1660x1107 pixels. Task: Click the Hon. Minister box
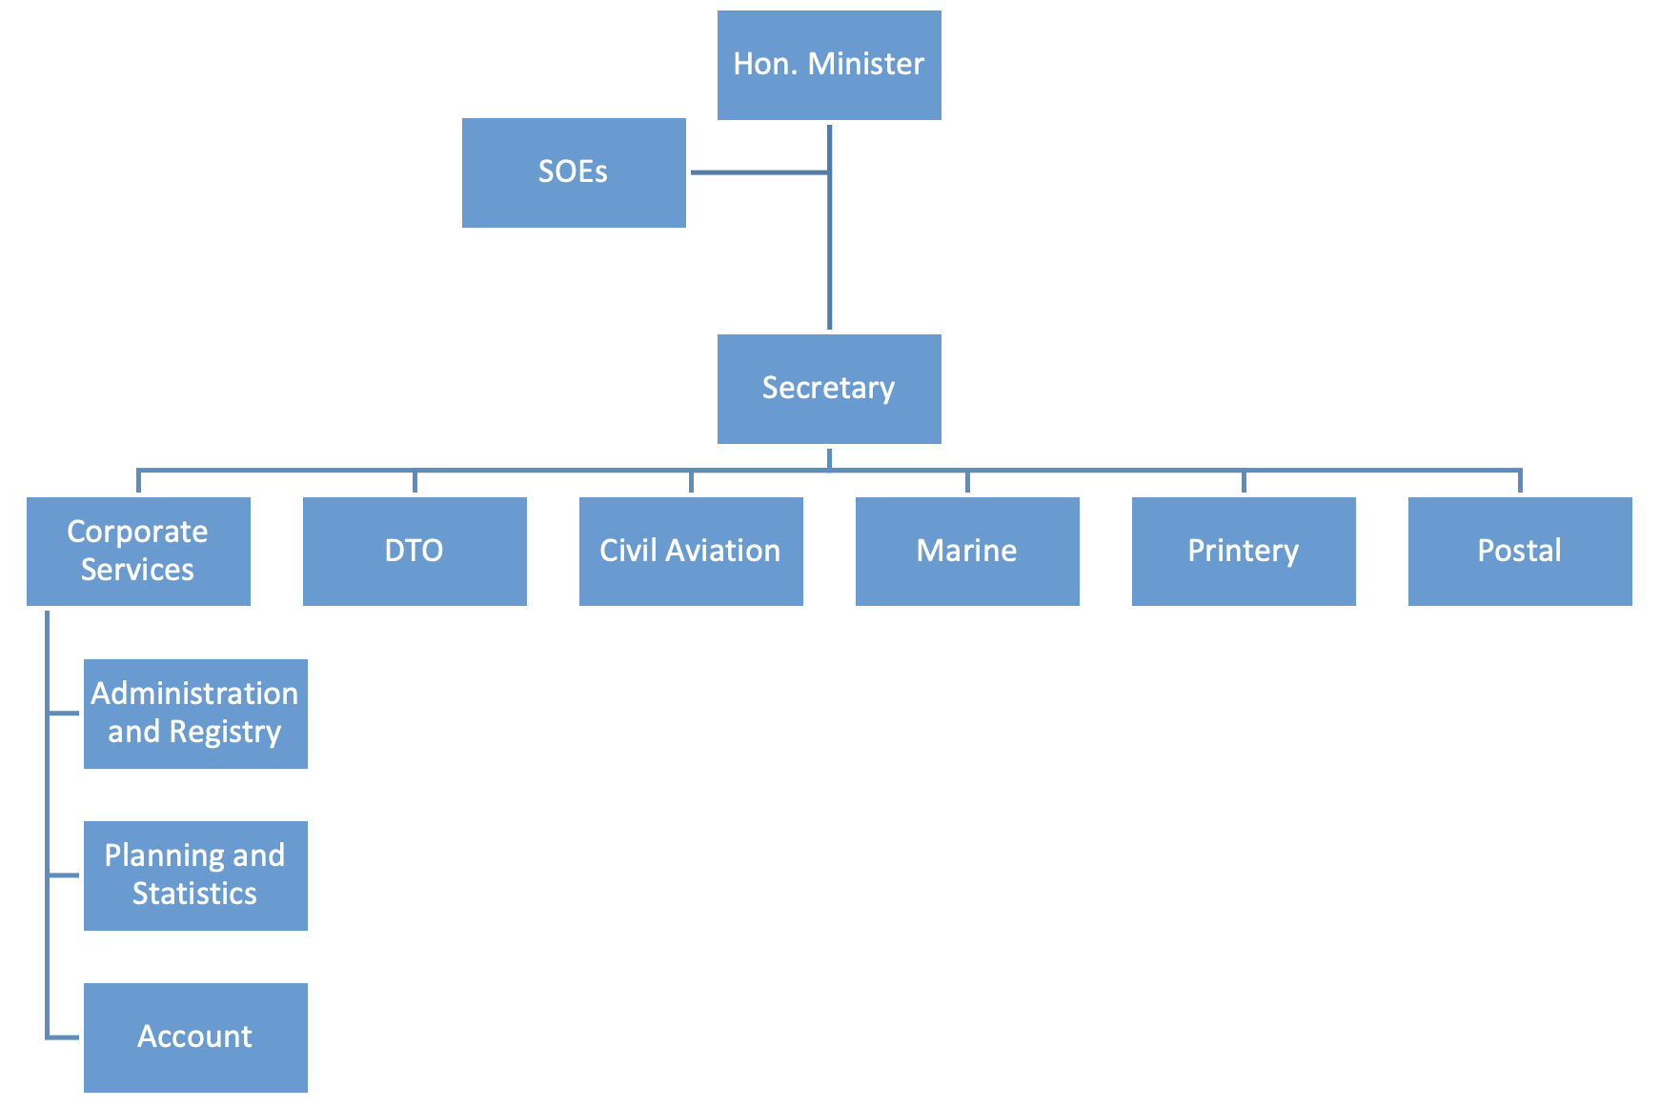[829, 65]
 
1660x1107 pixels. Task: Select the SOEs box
[574, 172]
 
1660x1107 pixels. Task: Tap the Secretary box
[829, 389]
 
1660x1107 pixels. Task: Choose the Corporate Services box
[138, 551]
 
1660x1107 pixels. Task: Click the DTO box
[415, 551]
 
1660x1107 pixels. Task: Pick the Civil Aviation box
[691, 551]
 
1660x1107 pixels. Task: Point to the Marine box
[967, 551]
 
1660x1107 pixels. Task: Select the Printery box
[1244, 551]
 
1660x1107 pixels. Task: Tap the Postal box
[1520, 551]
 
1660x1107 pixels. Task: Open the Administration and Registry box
[195, 714]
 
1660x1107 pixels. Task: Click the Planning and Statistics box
[195, 876]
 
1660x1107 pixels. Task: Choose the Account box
[195, 1037]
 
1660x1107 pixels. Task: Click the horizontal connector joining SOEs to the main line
[759, 172]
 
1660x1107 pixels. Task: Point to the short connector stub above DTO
[415, 482]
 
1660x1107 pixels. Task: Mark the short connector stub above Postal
[1520, 482]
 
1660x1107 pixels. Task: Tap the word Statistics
[194, 894]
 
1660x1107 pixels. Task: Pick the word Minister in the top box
[866, 64]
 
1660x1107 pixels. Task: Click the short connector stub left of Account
[64, 1037]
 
